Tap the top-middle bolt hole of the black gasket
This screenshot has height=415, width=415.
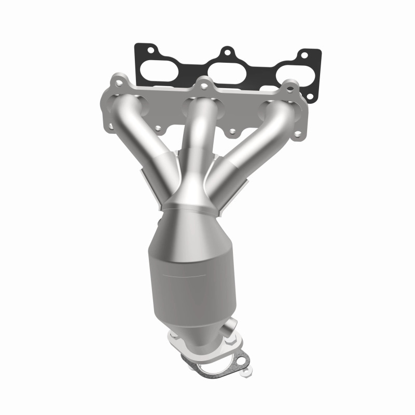(x=226, y=52)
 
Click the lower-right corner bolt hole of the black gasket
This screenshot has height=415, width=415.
(x=310, y=96)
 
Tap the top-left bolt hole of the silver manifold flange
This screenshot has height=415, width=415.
(x=119, y=82)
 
